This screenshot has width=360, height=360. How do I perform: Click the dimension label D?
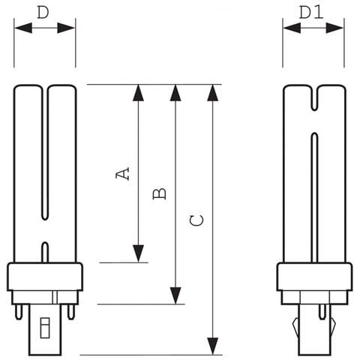click(43, 13)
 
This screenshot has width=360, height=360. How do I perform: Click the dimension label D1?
click(311, 13)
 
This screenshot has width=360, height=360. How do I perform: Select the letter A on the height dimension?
click(122, 173)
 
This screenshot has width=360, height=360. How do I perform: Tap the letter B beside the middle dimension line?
click(159, 193)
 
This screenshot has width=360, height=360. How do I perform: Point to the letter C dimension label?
click(196, 220)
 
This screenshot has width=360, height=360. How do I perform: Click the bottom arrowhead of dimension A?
click(138, 253)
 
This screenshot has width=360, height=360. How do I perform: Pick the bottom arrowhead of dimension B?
click(175, 295)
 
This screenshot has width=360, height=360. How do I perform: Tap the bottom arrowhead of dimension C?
click(213, 346)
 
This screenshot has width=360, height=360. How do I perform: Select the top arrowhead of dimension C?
click(213, 93)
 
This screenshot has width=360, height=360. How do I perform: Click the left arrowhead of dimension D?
click(23, 28)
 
